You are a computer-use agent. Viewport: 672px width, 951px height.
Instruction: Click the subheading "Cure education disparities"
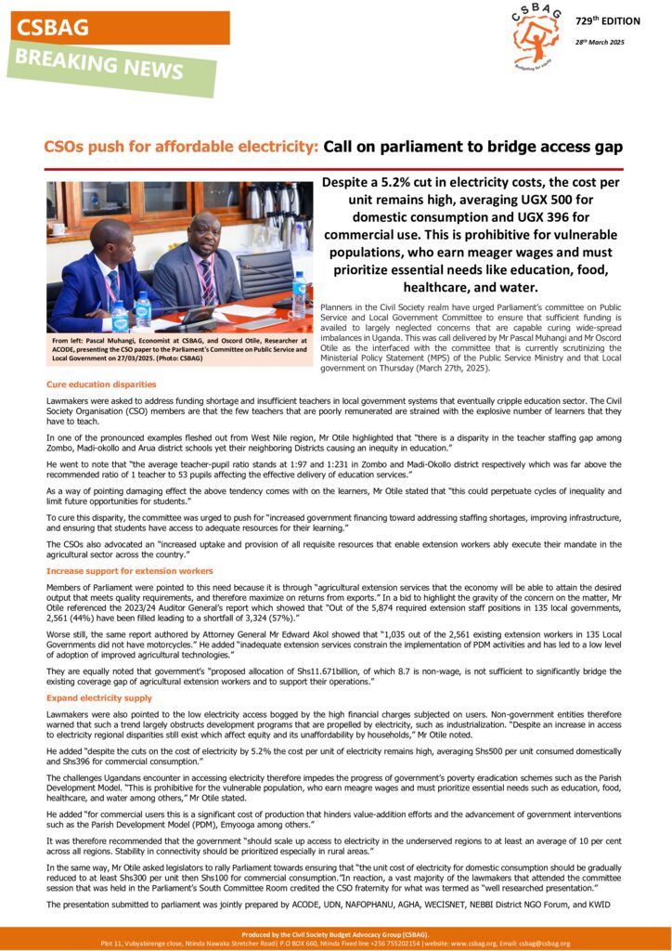(x=101, y=384)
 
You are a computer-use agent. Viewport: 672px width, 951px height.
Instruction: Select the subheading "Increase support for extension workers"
(x=129, y=570)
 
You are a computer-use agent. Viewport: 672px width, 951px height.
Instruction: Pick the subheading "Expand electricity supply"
(x=99, y=697)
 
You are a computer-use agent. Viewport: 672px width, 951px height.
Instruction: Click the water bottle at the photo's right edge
(x=299, y=294)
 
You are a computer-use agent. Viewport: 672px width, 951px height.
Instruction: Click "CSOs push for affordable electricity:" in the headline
(x=182, y=147)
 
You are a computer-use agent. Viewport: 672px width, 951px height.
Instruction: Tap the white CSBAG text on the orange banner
(x=53, y=28)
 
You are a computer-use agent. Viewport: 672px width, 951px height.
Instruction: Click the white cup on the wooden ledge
(x=58, y=228)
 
